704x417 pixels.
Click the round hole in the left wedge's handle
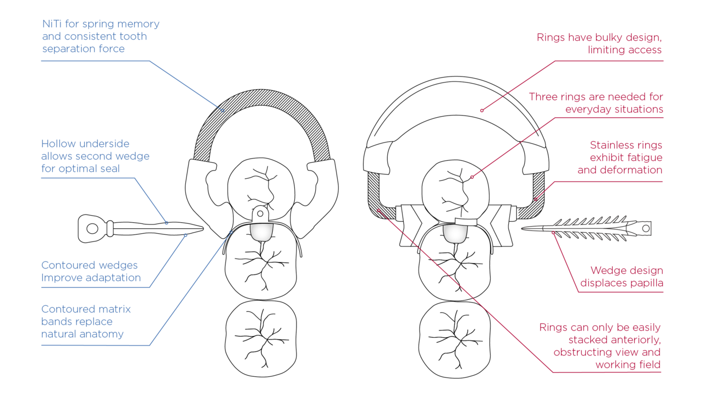point(92,228)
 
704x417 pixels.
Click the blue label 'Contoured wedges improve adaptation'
point(91,271)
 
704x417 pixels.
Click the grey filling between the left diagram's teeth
point(258,232)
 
